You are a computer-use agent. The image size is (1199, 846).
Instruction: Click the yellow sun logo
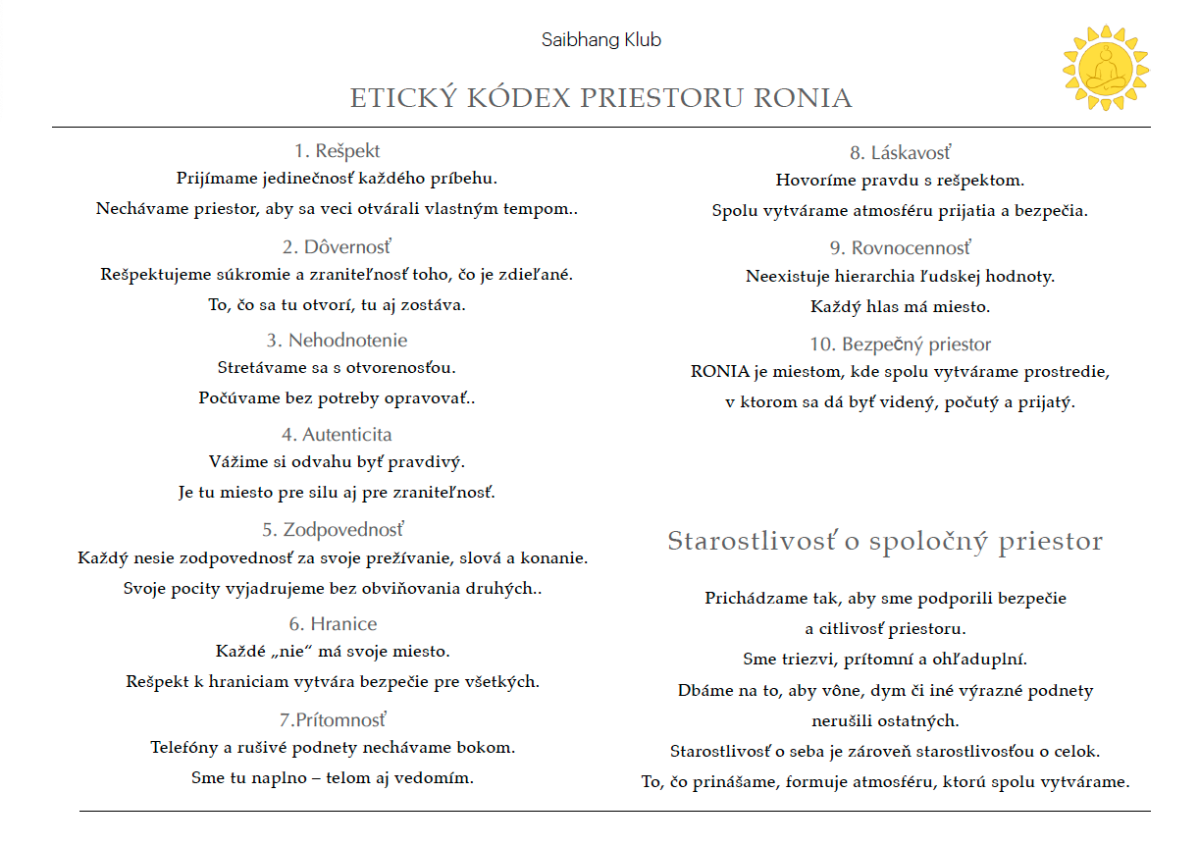(x=1106, y=68)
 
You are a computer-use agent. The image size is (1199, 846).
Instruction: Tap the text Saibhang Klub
(x=600, y=40)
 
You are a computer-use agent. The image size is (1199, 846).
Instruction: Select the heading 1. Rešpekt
(x=337, y=151)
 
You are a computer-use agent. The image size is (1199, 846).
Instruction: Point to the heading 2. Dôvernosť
(x=337, y=246)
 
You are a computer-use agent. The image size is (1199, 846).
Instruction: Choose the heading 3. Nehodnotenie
(x=337, y=341)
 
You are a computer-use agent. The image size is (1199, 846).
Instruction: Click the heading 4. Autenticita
(x=337, y=435)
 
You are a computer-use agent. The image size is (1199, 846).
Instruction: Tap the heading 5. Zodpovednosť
(x=333, y=530)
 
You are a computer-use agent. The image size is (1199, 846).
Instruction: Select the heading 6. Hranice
(x=333, y=624)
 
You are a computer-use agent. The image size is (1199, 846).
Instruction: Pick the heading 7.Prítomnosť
(x=333, y=720)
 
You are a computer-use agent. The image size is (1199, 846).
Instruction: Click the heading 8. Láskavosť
(x=900, y=153)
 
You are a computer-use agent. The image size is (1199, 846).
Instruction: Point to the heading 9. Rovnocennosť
(x=900, y=248)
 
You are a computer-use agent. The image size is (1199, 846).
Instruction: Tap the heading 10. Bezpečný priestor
(x=900, y=344)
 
